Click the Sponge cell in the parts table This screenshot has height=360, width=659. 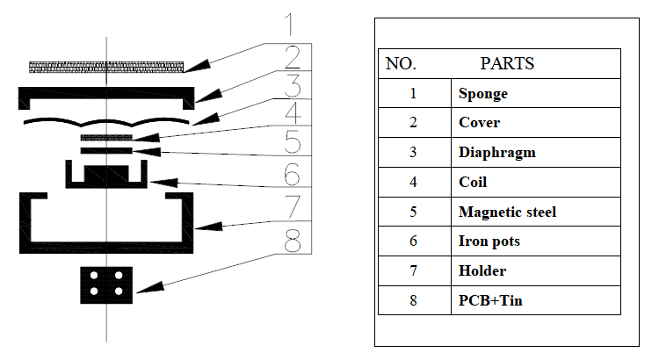tap(482, 93)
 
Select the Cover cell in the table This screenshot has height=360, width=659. tap(479, 123)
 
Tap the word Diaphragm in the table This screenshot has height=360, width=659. tap(496, 153)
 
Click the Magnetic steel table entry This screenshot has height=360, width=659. tap(507, 212)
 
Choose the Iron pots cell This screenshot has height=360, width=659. tap(489, 242)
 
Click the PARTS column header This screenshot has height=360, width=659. tap(507, 63)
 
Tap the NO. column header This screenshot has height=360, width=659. tap(402, 63)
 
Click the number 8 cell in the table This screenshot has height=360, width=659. tap(413, 301)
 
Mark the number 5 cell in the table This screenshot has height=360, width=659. tap(413, 212)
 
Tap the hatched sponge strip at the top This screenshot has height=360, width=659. tap(106, 66)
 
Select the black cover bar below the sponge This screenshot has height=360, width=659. tap(105, 90)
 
